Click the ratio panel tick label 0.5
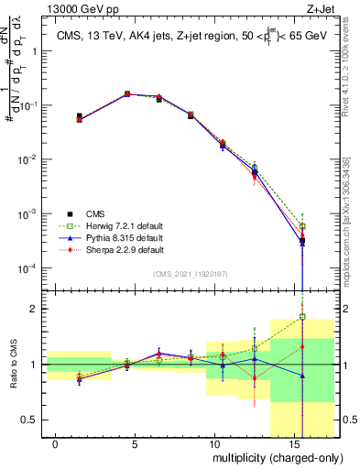pos(29,420)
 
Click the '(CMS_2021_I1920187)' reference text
pos(189,274)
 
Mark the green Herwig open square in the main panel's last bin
pos(302,225)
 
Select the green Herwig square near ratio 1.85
pos(302,317)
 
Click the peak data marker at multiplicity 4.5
pos(127,93)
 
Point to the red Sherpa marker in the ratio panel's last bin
pos(302,346)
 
